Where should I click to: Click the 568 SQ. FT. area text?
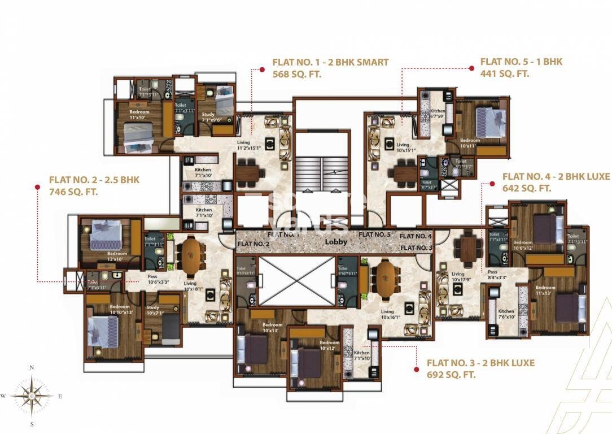point(296,74)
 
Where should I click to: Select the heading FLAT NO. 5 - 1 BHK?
point(521,62)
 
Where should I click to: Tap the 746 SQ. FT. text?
point(73,192)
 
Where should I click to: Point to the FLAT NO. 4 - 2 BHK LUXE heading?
point(556,176)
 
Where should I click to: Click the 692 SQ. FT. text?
point(451,375)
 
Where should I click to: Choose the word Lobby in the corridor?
point(335,242)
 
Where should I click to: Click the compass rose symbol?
point(32,396)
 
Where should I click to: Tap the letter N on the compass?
point(32,368)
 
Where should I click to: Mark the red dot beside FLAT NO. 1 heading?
point(262,70)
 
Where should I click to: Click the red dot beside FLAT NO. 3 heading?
point(416,369)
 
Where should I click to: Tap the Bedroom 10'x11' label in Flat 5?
point(469,143)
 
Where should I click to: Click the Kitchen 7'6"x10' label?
point(506,314)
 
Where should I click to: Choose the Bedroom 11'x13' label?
point(545,290)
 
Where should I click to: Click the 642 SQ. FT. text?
point(526,188)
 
